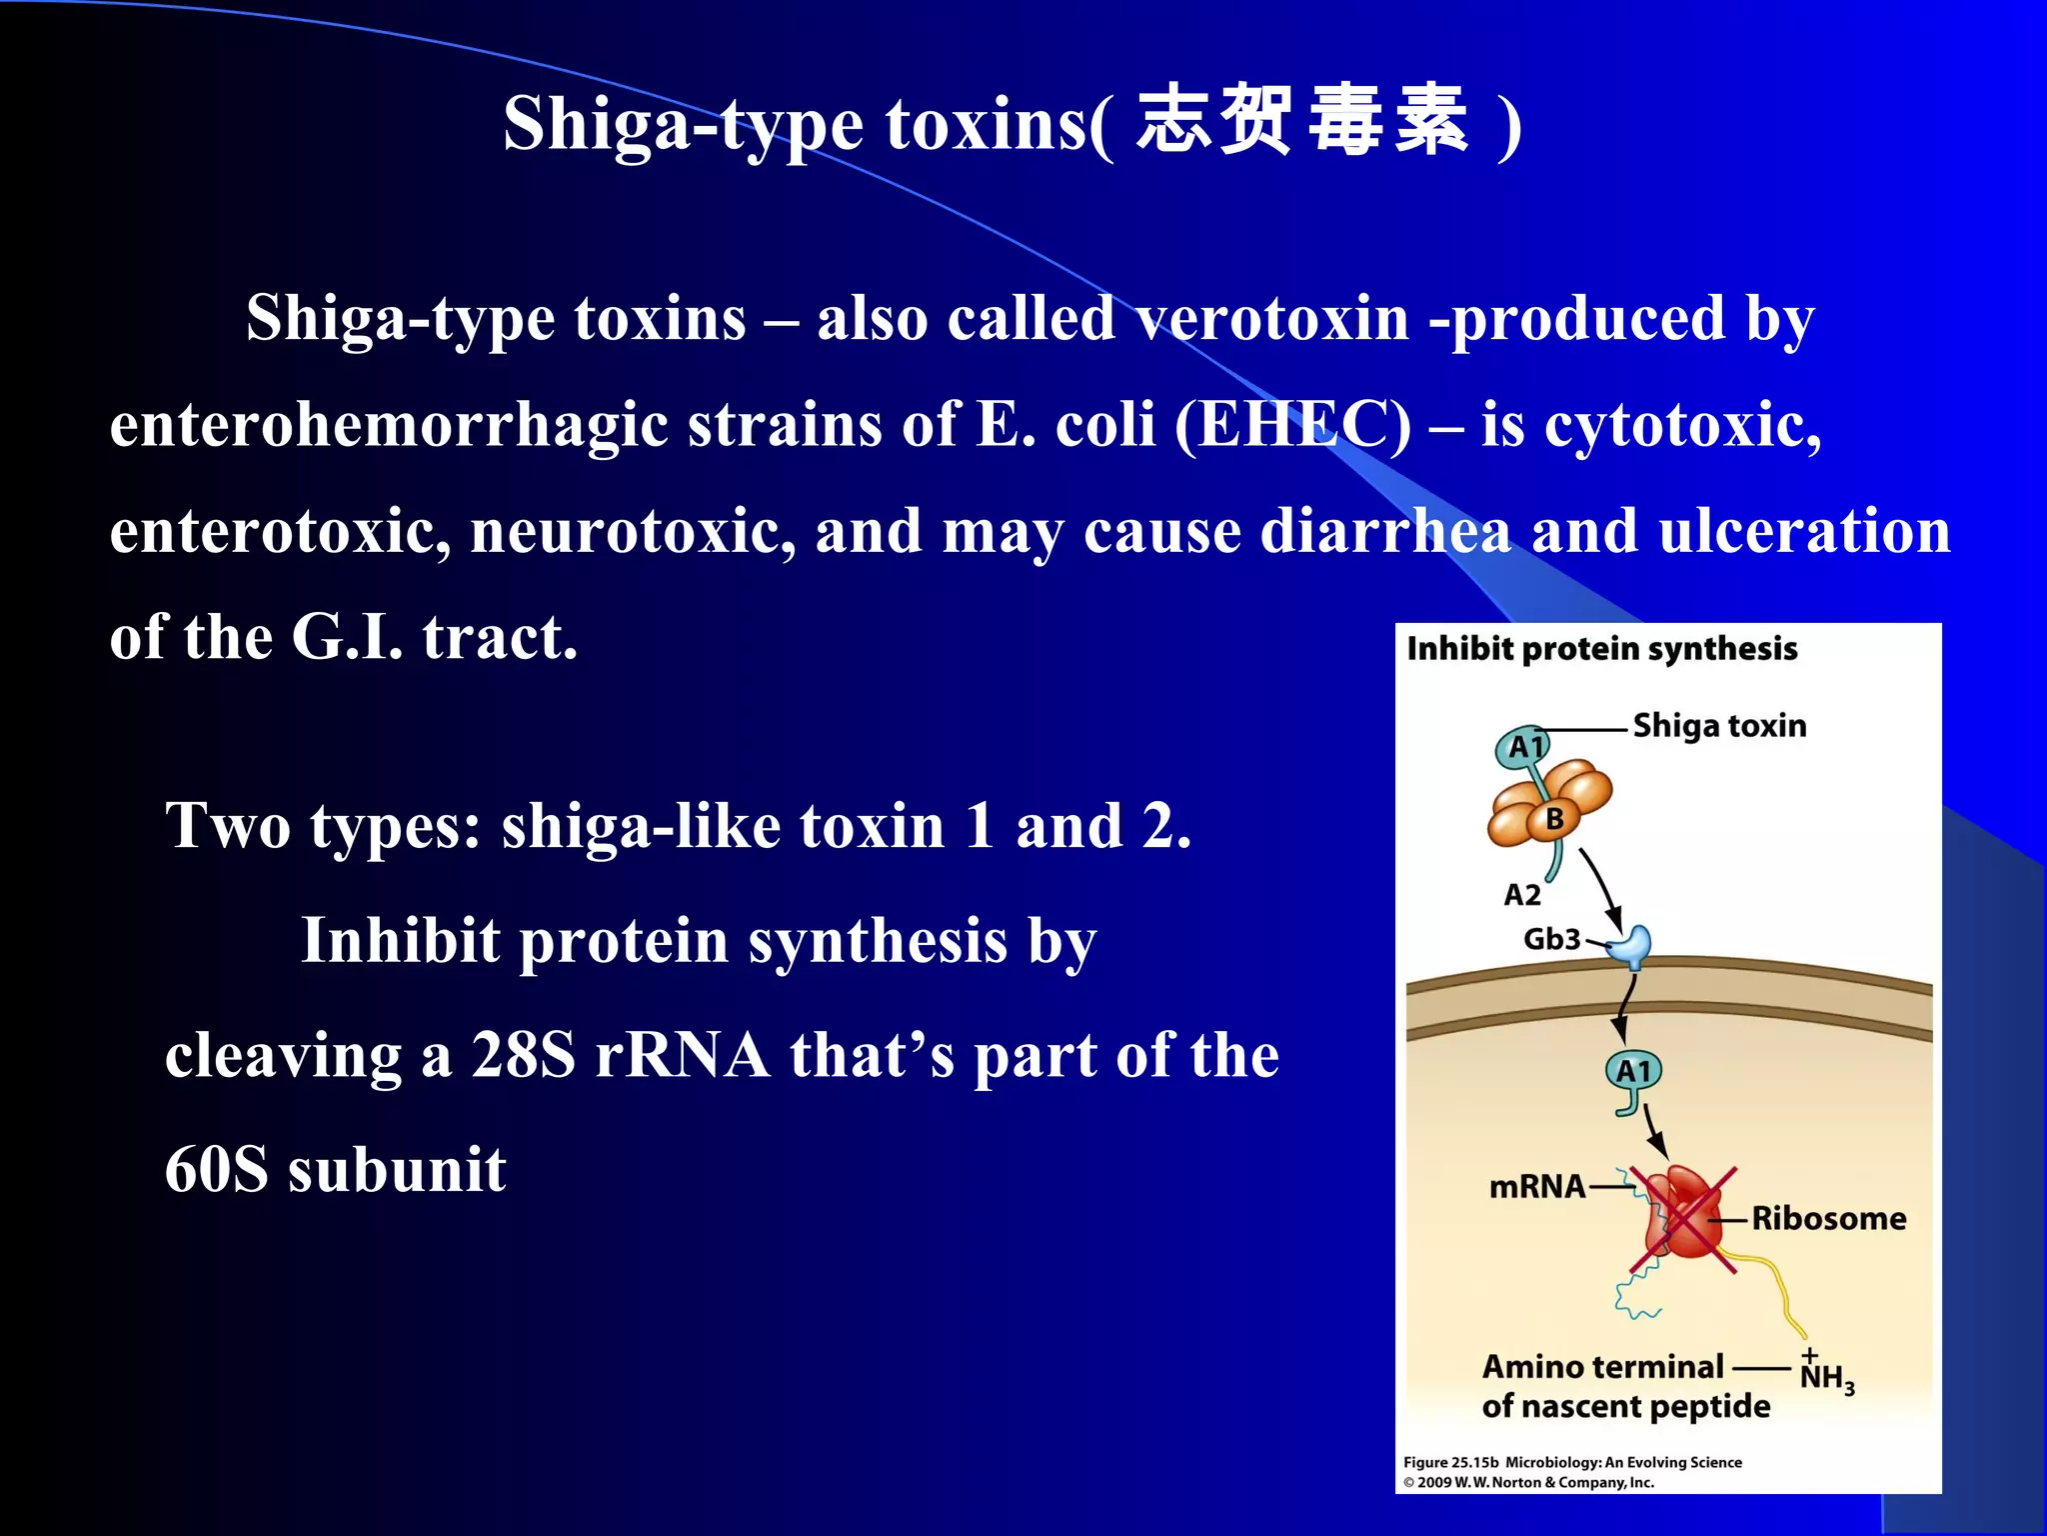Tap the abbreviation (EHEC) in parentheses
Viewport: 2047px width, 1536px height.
point(1292,425)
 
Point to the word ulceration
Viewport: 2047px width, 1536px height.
point(1804,531)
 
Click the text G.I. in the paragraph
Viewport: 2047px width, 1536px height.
point(347,637)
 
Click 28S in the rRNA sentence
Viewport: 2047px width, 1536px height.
point(523,1055)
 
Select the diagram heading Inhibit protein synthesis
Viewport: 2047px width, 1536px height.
point(1601,649)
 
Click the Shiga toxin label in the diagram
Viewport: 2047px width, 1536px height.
point(1719,725)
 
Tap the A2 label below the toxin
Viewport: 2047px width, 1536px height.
point(1522,894)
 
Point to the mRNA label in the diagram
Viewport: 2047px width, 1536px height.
point(1536,1187)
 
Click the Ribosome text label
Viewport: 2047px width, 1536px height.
point(1828,1218)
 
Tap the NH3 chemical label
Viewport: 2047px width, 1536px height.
point(1826,1376)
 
